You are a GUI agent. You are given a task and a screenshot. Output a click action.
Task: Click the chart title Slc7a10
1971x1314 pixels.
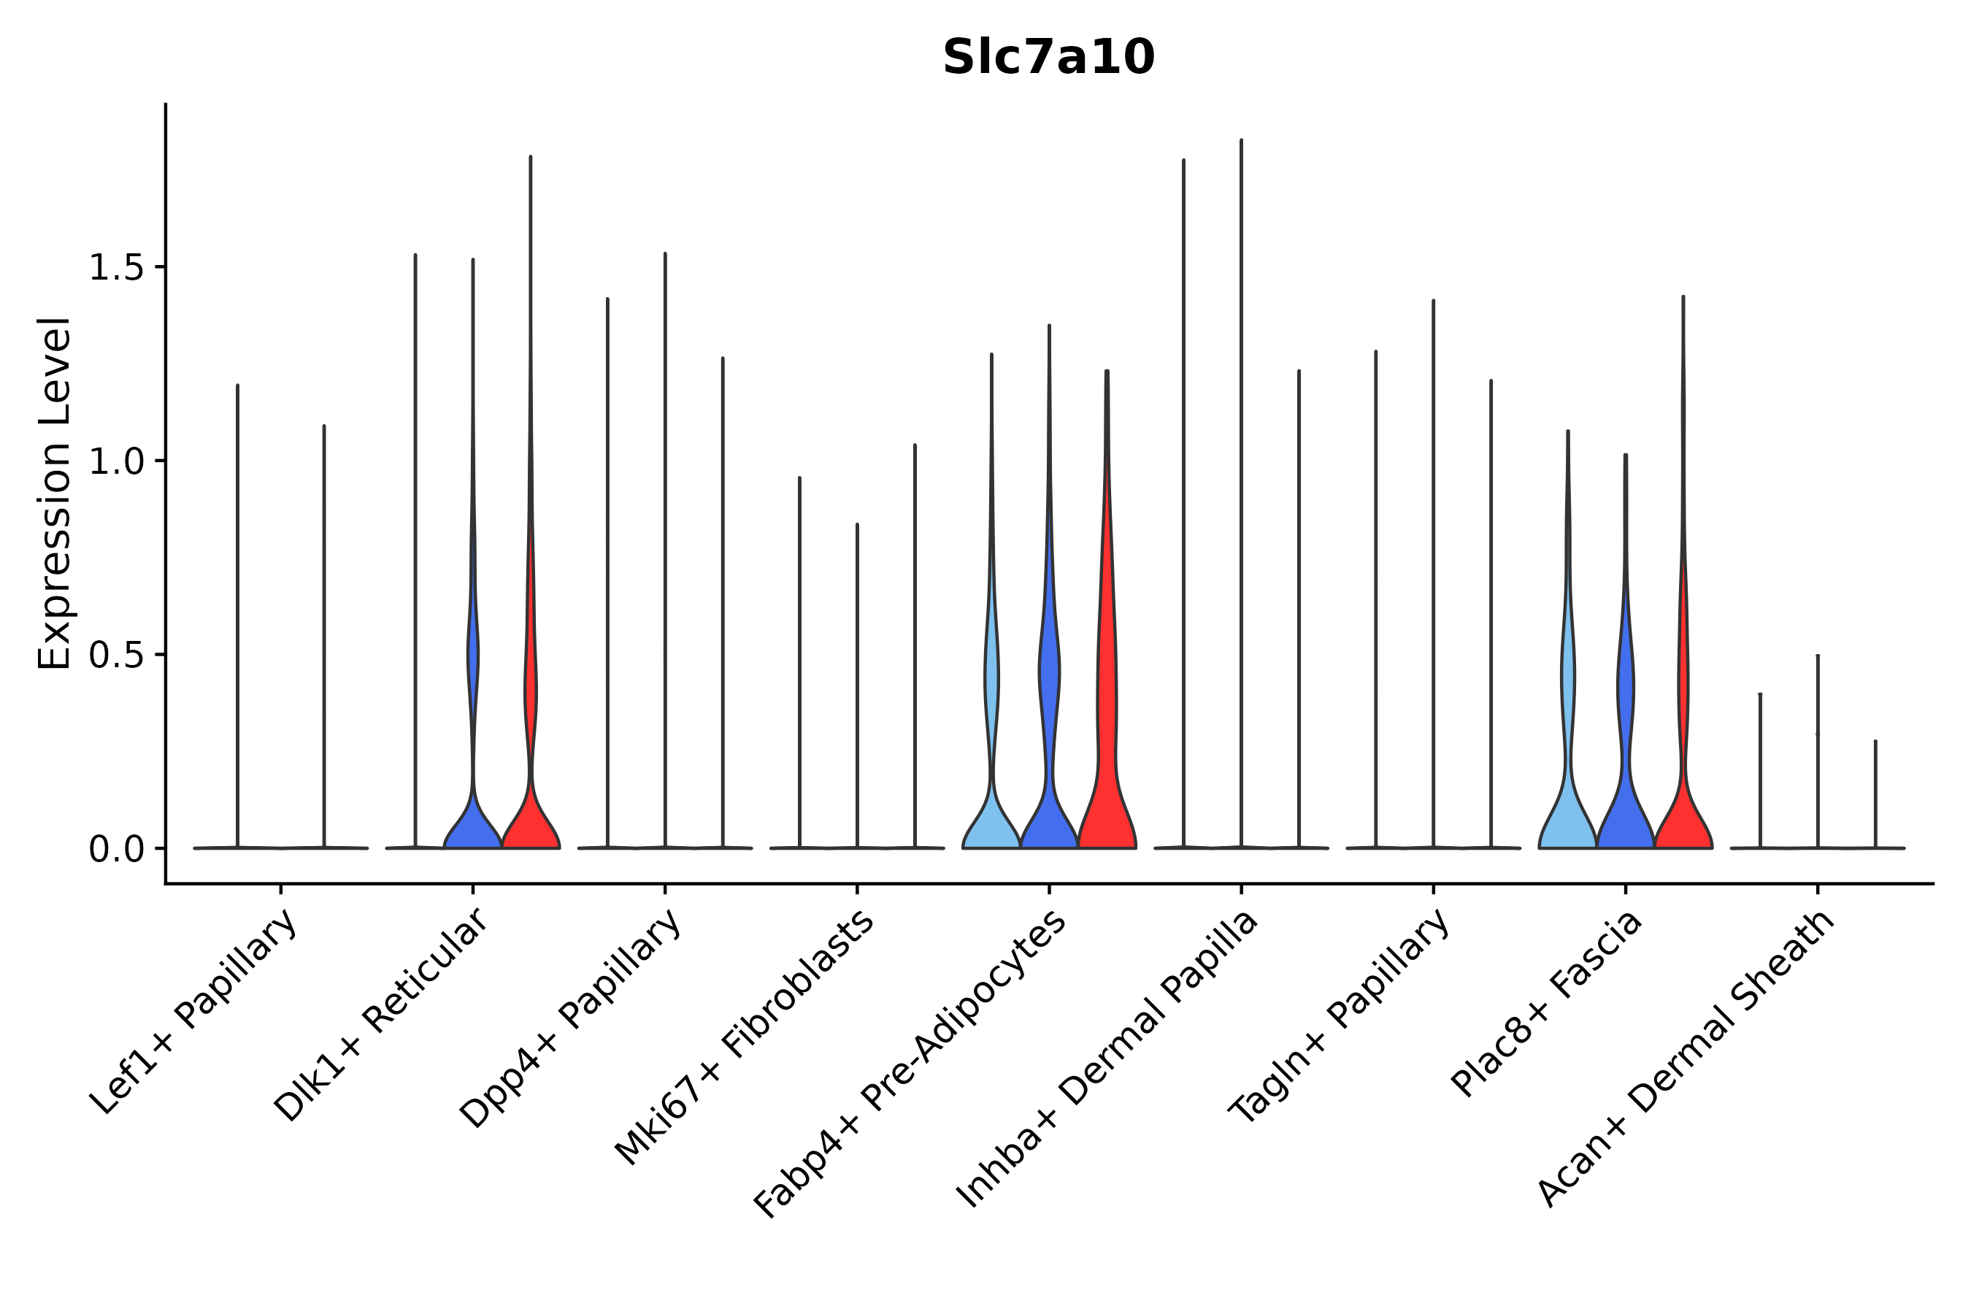pyautogui.click(x=1048, y=58)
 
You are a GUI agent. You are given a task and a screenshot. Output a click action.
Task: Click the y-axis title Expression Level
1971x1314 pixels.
pyautogui.click(x=55, y=493)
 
